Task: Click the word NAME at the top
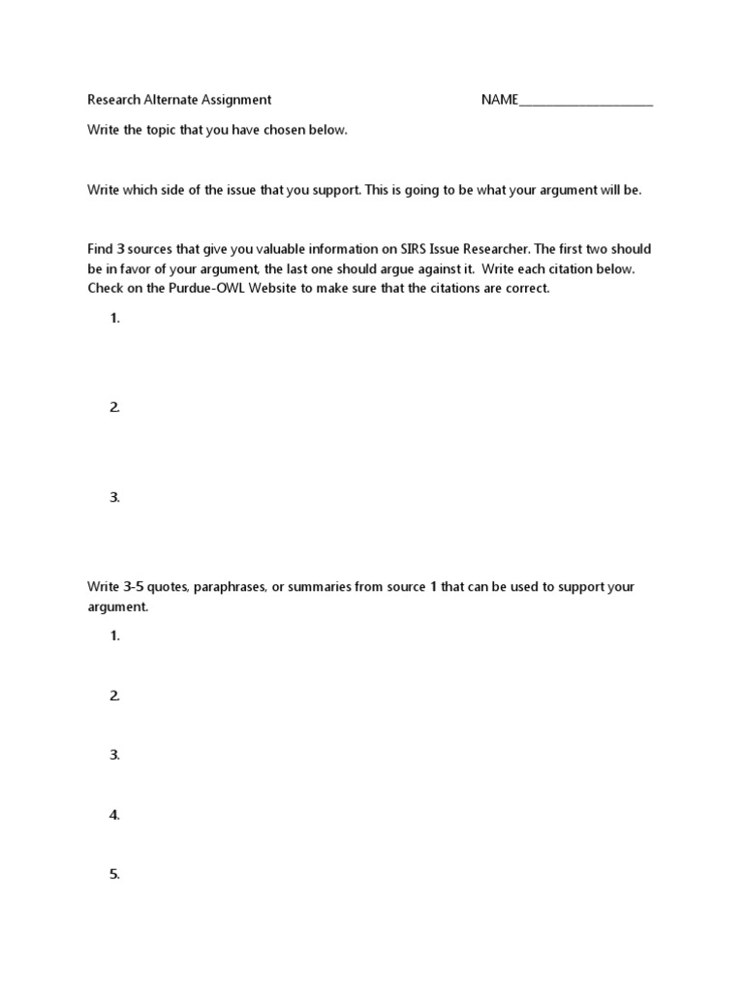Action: click(x=500, y=100)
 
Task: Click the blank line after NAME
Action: click(x=586, y=103)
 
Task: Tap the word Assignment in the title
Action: click(x=236, y=100)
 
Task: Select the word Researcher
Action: click(x=488, y=250)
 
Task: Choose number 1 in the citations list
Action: click(x=114, y=319)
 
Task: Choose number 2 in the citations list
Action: click(x=114, y=408)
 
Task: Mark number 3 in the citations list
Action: click(x=114, y=498)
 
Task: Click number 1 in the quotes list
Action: click(x=114, y=636)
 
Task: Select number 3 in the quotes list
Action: click(x=114, y=756)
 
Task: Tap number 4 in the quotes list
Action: click(x=114, y=816)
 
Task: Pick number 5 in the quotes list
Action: click(x=114, y=875)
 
